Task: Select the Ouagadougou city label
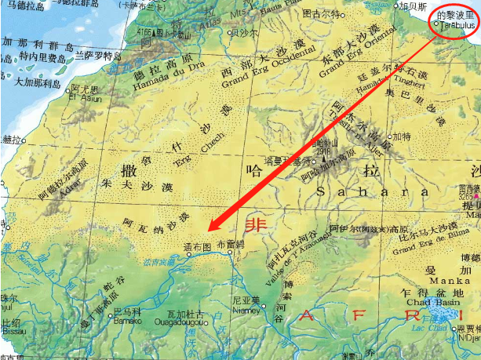182,321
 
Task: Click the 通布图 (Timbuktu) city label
198,246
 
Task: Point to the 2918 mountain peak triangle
323,160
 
